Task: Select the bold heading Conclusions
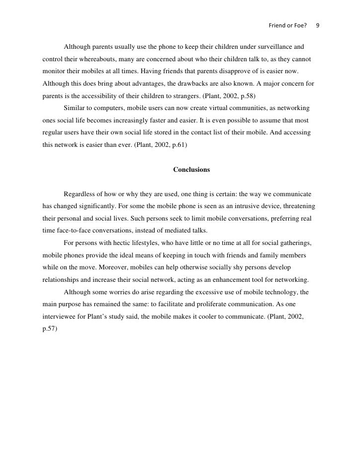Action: tap(191, 170)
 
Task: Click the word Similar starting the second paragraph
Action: tap(75, 108)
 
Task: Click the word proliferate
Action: tap(205, 303)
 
